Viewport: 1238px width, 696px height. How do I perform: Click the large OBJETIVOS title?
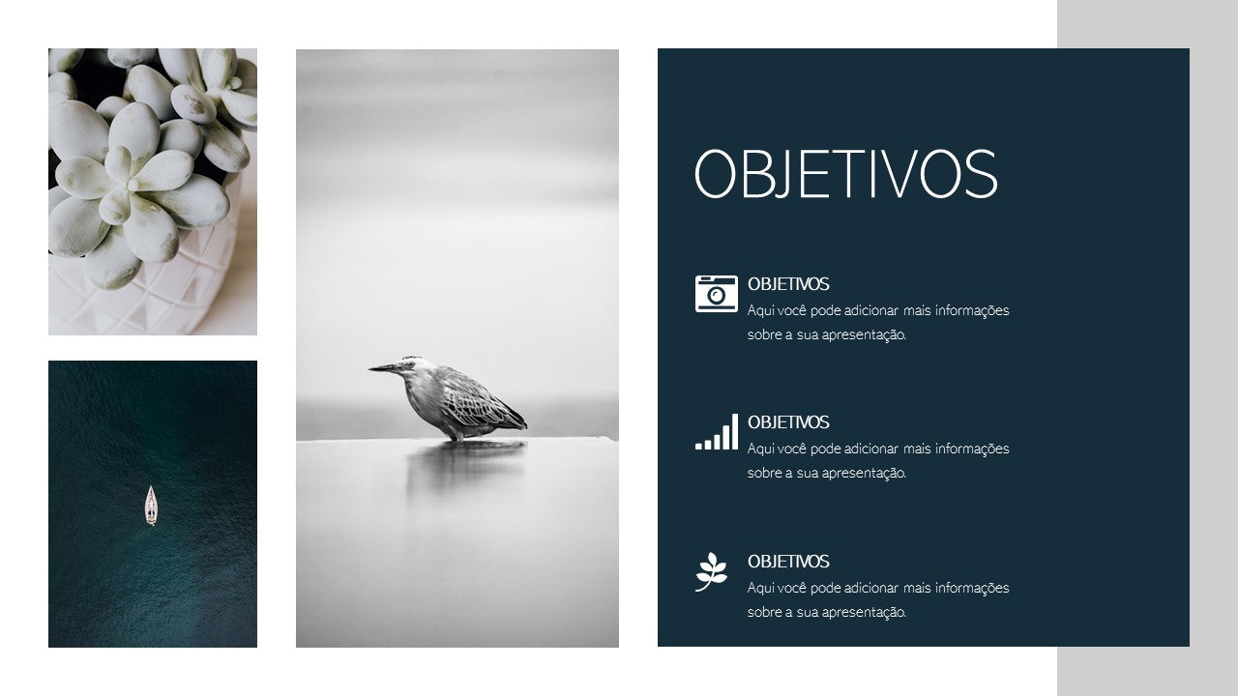[x=845, y=173]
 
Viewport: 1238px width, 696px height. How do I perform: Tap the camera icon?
[x=717, y=294]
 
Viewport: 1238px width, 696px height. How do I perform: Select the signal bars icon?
[x=717, y=432]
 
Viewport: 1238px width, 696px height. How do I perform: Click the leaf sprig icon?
[x=711, y=571]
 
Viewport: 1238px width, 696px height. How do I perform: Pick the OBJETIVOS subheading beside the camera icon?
[x=788, y=284]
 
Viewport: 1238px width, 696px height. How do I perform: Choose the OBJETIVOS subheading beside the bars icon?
[x=788, y=422]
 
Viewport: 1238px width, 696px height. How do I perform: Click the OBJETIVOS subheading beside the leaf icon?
[x=788, y=562]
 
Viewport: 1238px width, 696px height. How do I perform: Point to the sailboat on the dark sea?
[x=151, y=506]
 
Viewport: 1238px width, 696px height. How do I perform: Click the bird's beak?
[x=384, y=367]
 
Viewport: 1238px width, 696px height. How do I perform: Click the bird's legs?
[x=456, y=435]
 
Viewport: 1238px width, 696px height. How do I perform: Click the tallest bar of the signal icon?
[x=734, y=432]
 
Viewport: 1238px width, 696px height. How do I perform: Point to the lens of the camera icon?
[x=717, y=296]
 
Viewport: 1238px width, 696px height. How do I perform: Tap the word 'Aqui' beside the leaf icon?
[x=761, y=588]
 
